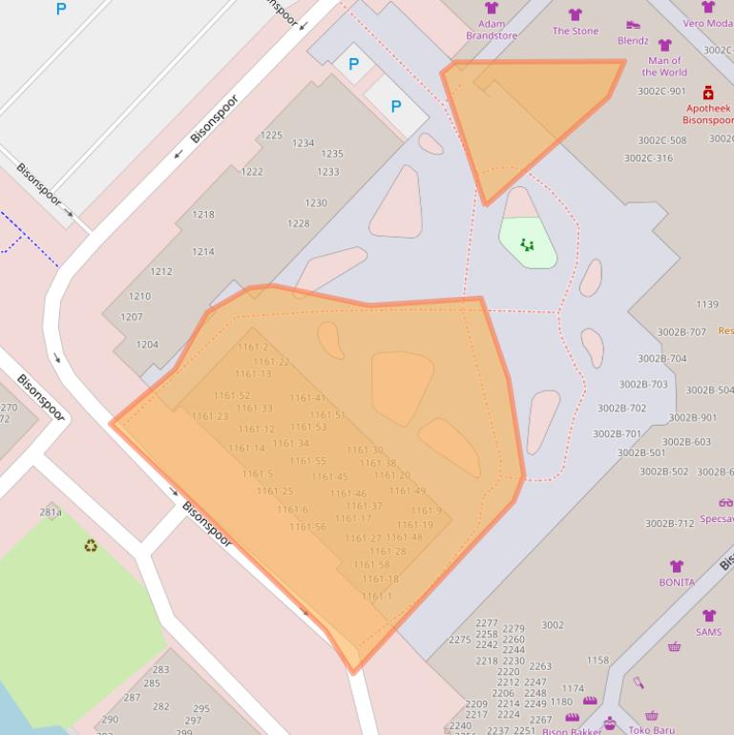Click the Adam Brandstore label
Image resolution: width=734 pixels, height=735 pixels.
click(x=492, y=30)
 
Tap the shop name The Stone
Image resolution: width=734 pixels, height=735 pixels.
click(x=576, y=31)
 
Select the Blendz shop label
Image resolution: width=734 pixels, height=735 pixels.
click(x=633, y=41)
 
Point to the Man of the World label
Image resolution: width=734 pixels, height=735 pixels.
click(x=664, y=66)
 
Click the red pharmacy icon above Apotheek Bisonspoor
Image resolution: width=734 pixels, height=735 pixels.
click(x=708, y=93)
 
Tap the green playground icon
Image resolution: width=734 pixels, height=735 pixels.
click(x=527, y=245)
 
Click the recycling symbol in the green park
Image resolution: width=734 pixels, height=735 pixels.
click(x=91, y=546)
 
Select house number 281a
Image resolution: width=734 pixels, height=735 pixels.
click(x=51, y=513)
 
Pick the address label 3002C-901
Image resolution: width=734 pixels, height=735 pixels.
click(x=661, y=92)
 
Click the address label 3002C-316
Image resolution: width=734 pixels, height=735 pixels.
click(x=648, y=158)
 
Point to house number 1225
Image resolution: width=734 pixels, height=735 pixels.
click(x=272, y=136)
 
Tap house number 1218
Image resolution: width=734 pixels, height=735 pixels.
click(x=203, y=215)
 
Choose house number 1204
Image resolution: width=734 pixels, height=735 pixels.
click(x=147, y=345)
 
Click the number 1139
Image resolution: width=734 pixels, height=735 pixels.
click(x=707, y=304)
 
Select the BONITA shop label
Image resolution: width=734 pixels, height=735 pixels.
click(x=677, y=582)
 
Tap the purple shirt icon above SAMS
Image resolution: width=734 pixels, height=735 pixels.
click(x=709, y=616)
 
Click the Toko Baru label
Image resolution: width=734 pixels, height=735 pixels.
click(x=651, y=730)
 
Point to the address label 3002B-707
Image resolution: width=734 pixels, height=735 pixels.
click(x=682, y=332)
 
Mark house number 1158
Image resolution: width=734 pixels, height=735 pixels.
click(x=598, y=661)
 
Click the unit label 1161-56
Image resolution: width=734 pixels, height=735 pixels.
click(x=307, y=527)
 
